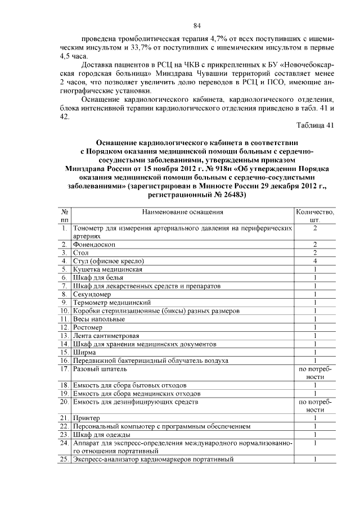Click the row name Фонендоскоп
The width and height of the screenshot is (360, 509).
[94, 245]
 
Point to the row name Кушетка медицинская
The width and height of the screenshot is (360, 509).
[107, 269]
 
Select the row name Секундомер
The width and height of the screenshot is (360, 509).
[92, 294]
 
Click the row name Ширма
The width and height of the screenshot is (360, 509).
[84, 352]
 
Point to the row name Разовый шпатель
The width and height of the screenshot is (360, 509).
[100, 369]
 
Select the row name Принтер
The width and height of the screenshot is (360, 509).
[87, 418]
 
